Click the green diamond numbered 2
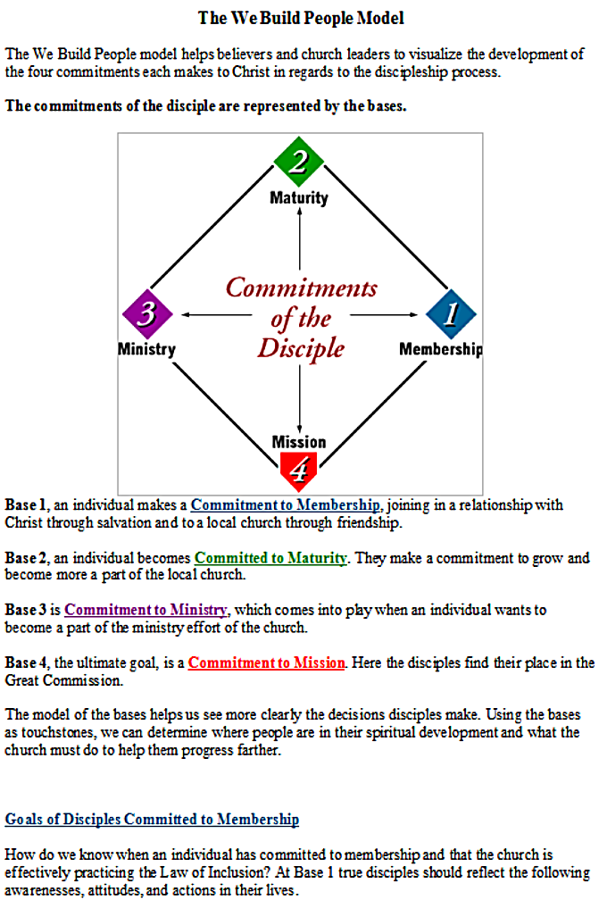(299, 162)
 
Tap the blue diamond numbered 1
(451, 314)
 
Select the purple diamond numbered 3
(147, 314)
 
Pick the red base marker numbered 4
(298, 471)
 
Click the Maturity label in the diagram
(299, 198)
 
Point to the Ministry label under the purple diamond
(147, 349)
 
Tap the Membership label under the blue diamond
(441, 349)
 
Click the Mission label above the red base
(299, 442)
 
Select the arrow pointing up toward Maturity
(300, 238)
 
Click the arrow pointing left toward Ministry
(217, 314)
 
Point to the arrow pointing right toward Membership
(384, 314)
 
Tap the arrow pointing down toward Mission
(300, 398)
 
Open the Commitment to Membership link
(285, 505)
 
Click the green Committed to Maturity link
(270, 558)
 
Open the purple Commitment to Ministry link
(146, 610)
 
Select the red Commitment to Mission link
(267, 662)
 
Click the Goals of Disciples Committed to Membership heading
(152, 819)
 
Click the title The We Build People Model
(301, 18)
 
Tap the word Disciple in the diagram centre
(301, 348)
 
